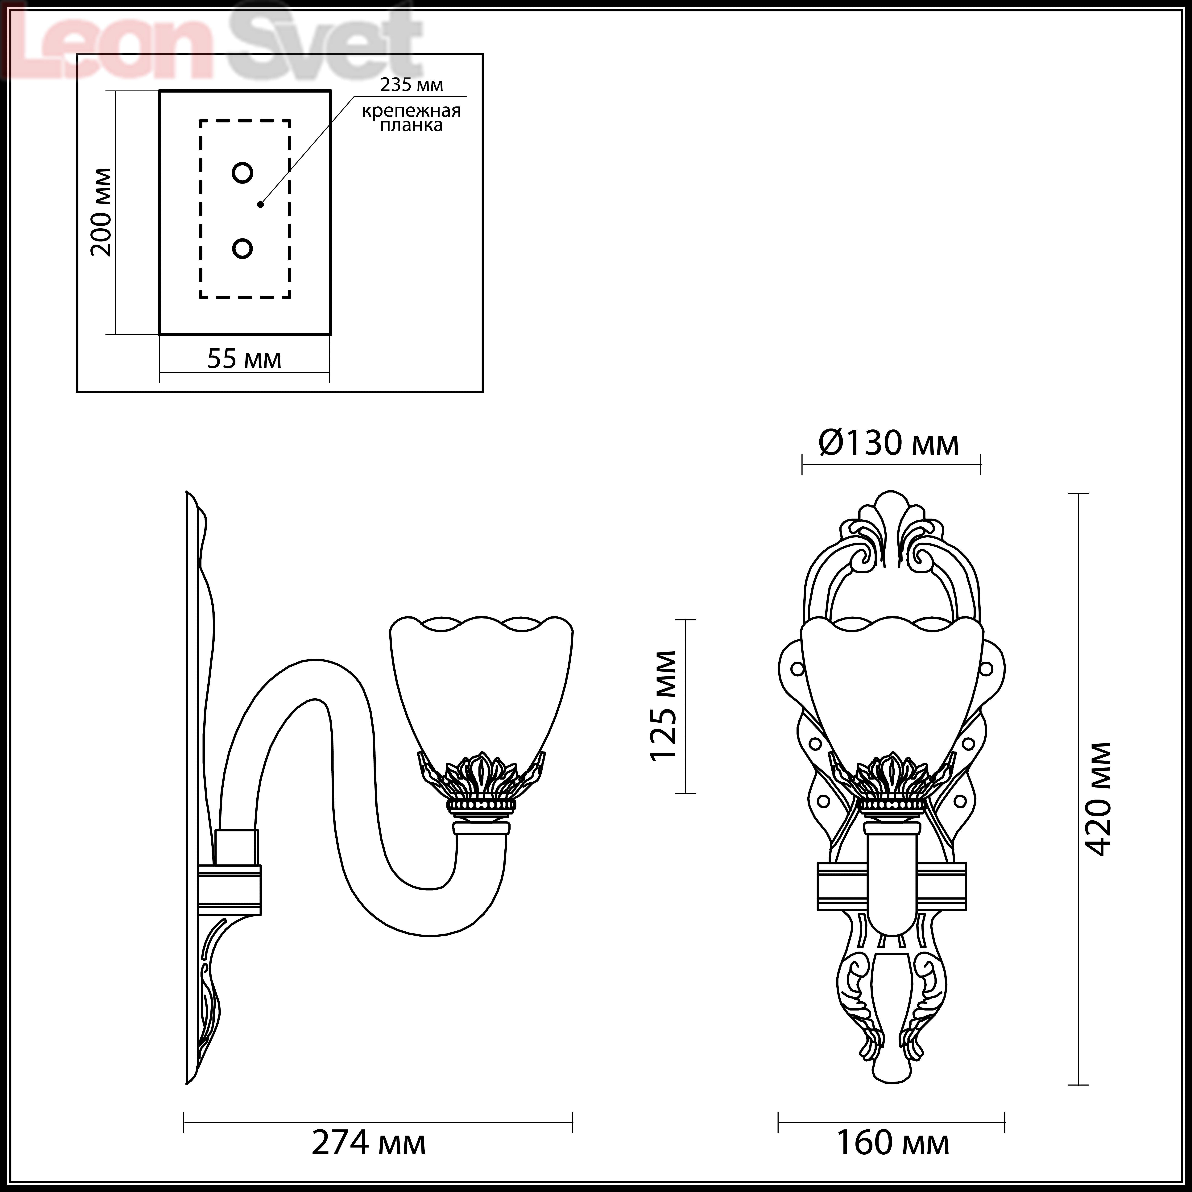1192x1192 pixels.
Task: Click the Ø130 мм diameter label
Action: point(889,443)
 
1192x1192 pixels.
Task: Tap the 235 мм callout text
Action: point(412,85)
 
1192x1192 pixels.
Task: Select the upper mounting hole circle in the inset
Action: point(242,173)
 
